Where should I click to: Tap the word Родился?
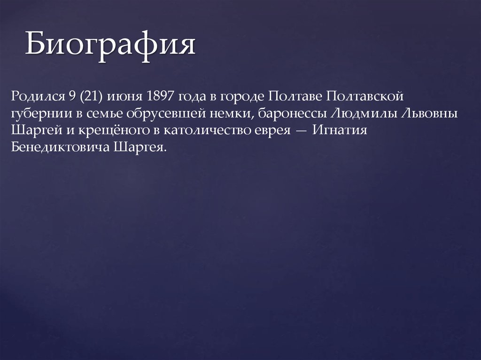[x=38, y=97]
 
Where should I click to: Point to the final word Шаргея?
[x=140, y=147]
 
